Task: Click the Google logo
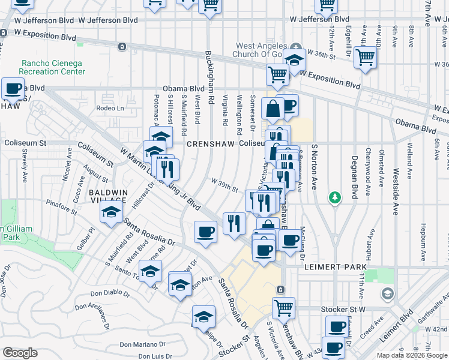point(20,353)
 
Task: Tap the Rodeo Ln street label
point(110,109)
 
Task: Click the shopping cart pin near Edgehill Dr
point(365,58)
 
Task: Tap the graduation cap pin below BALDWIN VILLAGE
point(111,213)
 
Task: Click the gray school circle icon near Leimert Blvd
point(387,294)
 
